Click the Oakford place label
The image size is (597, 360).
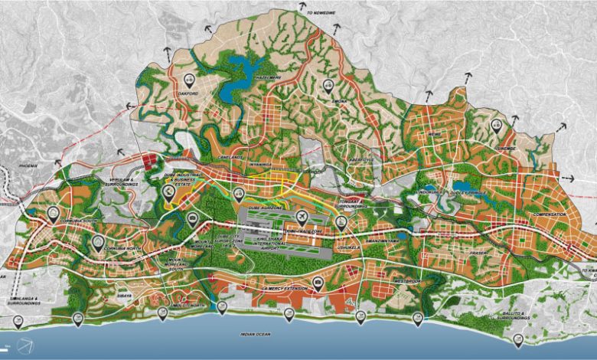tap(189, 94)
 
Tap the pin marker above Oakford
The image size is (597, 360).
tap(191, 80)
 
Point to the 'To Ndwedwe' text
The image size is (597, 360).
tap(321, 12)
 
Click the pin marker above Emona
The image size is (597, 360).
tap(328, 85)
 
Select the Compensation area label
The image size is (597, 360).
tap(550, 214)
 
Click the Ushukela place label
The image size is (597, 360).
tap(349, 248)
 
